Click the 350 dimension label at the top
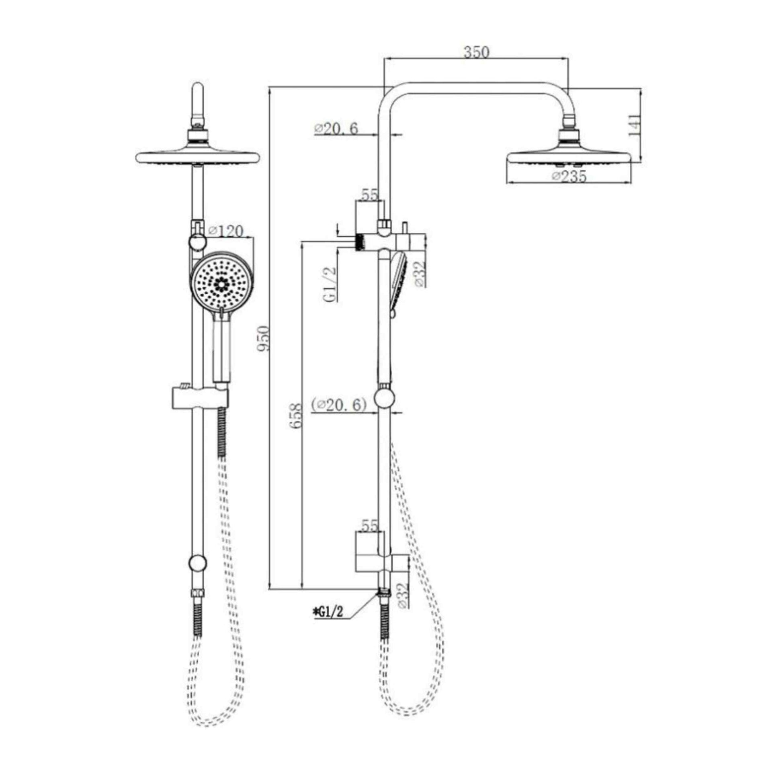(x=477, y=52)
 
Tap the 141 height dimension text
(x=635, y=125)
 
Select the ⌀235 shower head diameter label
(x=569, y=176)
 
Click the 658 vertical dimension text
(x=296, y=415)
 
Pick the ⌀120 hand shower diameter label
(x=226, y=231)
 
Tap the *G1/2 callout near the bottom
(x=328, y=624)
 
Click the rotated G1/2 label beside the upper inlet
(x=330, y=284)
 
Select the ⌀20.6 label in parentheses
(x=339, y=404)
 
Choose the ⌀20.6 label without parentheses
(x=336, y=129)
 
